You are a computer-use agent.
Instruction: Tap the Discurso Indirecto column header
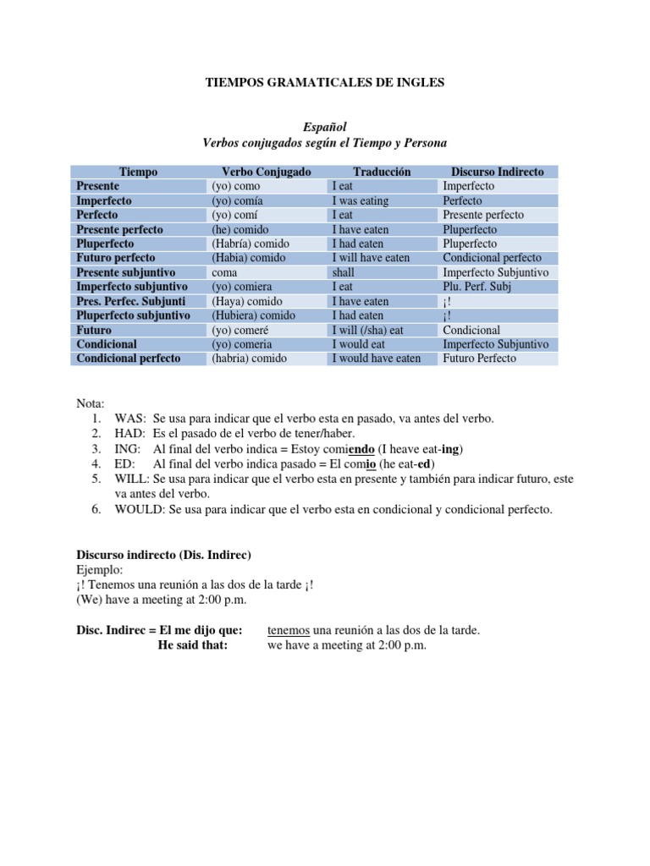pyautogui.click(x=497, y=172)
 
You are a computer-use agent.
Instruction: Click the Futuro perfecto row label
pyautogui.click(x=119, y=258)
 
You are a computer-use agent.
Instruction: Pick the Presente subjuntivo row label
pyautogui.click(x=125, y=272)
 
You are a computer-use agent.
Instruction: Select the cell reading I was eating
pyautogui.click(x=361, y=200)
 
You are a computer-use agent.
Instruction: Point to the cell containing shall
pyautogui.click(x=344, y=272)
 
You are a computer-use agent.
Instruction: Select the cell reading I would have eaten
pyautogui.click(x=377, y=359)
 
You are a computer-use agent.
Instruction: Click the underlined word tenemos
pyautogui.click(x=289, y=630)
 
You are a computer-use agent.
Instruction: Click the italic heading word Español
pyautogui.click(x=325, y=127)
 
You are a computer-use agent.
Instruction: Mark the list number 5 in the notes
pyautogui.click(x=97, y=479)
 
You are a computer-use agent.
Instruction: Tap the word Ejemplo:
pyautogui.click(x=100, y=570)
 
